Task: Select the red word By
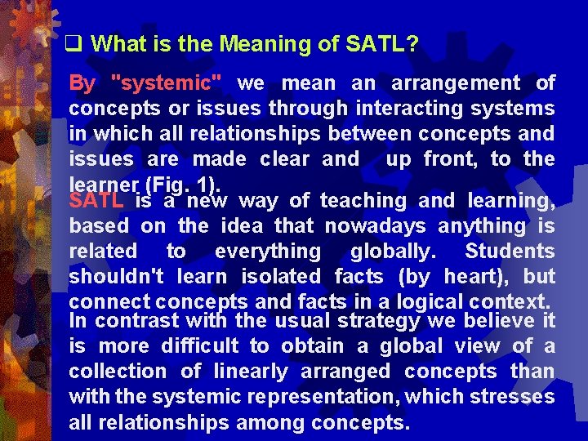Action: coord(82,83)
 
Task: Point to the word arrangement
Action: coord(456,83)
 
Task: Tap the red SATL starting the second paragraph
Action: coord(96,200)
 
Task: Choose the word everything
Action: coord(268,251)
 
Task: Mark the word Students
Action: coord(510,251)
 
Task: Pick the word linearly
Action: coord(250,371)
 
